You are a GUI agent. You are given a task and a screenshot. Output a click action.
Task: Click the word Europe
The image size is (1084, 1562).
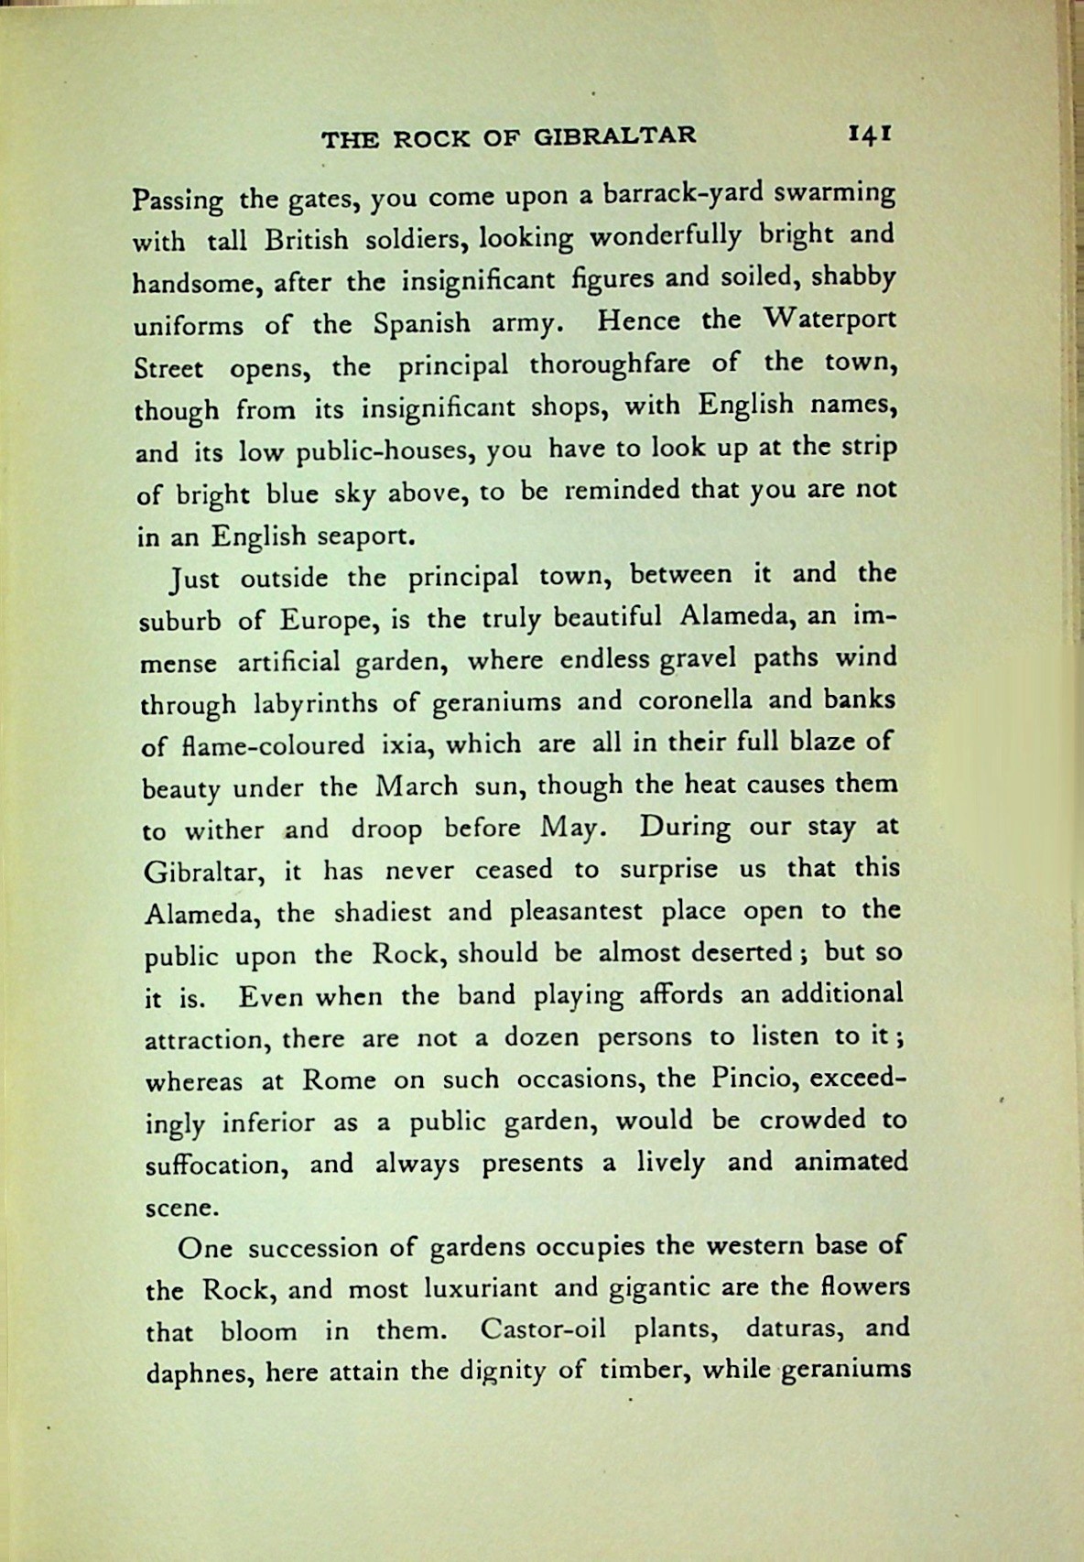[x=323, y=620]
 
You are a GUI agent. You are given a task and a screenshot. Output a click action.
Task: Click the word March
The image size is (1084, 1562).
[x=417, y=786]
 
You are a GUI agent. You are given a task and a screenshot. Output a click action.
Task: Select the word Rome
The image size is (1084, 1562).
[x=339, y=1080]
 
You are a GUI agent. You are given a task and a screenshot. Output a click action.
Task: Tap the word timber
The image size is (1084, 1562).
[x=636, y=1371]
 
